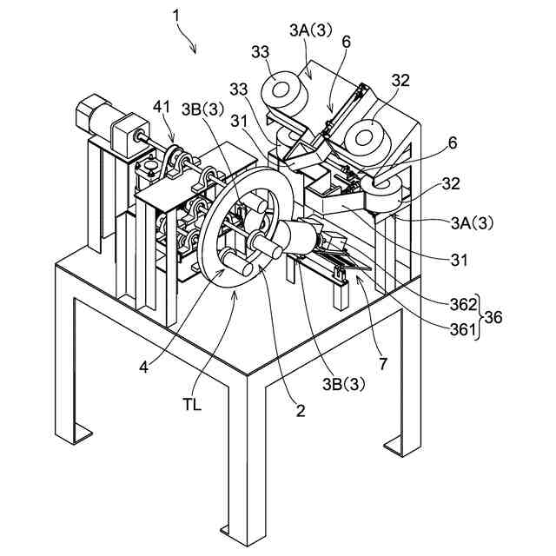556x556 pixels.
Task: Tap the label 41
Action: pos(162,107)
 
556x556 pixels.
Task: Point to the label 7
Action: pos(383,359)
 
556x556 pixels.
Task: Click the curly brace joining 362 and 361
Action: pos(481,316)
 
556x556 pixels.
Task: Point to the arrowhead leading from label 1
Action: pos(197,51)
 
